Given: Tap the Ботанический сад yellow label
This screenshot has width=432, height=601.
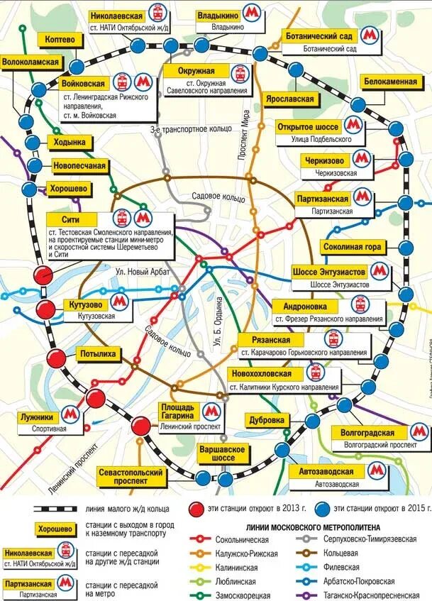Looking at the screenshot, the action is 319,35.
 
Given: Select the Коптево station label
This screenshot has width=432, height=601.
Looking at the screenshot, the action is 58,40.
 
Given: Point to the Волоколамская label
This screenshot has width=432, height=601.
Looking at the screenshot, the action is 29,62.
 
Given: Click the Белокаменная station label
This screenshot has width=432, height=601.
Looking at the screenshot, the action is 390,82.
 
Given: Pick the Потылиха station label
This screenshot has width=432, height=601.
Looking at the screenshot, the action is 98,353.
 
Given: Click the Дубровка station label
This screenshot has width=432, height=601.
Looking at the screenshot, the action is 267,419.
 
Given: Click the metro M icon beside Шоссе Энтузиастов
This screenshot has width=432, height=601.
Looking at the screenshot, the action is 380,272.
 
